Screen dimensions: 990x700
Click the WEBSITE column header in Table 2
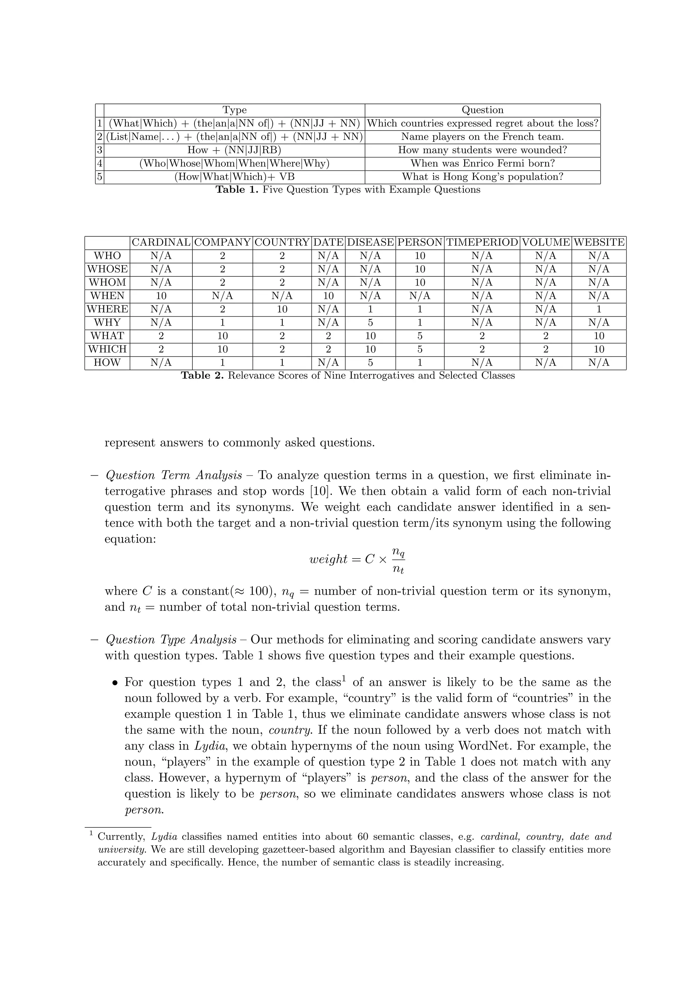[598, 242]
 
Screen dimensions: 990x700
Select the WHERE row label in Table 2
[107, 309]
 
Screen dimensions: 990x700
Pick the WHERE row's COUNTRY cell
[282, 309]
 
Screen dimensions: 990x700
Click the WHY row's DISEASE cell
[370, 322]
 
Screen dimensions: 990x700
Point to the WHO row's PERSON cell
[420, 256]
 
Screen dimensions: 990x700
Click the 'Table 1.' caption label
[237, 190]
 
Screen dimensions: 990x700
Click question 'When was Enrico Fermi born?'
[482, 163]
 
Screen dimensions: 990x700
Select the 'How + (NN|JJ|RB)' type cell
[234, 150]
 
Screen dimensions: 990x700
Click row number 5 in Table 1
[99, 177]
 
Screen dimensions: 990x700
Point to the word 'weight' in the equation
[328, 559]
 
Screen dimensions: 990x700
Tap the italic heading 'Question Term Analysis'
[174, 475]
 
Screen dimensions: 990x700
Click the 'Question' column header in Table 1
[482, 110]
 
